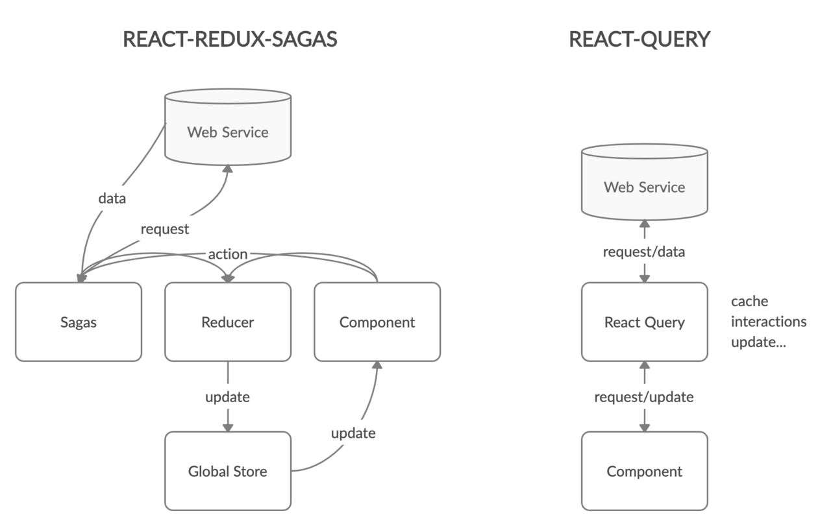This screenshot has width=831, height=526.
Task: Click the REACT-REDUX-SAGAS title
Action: pos(230,40)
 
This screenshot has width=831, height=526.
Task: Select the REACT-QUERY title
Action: pos(639,40)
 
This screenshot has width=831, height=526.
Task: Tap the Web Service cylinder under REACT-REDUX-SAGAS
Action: pos(227,132)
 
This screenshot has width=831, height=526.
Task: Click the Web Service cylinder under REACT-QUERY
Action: pos(644,187)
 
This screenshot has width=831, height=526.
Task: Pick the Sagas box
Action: pos(79,322)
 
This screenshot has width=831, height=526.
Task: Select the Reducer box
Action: pos(227,322)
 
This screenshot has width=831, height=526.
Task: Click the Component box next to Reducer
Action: pos(377,322)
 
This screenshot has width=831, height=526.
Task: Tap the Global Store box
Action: pos(227,472)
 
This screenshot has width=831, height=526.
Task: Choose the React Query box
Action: pos(644,322)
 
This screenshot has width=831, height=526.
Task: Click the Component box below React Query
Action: pos(644,472)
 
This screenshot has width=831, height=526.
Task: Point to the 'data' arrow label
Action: pos(112,198)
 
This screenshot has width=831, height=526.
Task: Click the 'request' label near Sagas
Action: pos(165,229)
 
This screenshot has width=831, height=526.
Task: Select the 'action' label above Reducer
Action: pos(227,254)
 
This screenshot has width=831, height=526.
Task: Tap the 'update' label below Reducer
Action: pos(227,397)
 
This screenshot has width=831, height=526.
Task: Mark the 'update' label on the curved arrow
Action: pos(353,433)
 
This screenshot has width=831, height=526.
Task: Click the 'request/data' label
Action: pos(644,252)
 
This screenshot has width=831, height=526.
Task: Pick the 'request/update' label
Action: pos(644,397)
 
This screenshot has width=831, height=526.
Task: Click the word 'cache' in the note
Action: pos(749,302)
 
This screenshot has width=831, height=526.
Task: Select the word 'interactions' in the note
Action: pos(769,322)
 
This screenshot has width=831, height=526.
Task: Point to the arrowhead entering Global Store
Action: pos(227,426)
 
